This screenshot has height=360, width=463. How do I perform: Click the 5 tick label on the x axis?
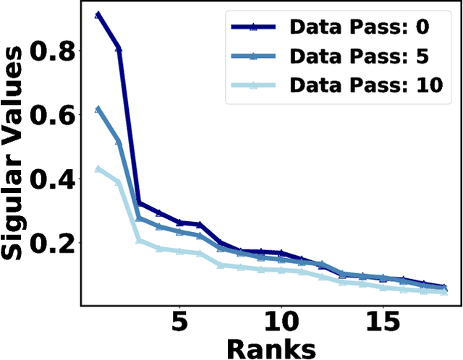pos(179,321)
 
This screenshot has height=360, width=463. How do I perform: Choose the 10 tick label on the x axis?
pos(280,321)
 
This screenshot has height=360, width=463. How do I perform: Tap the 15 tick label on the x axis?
pos(382,321)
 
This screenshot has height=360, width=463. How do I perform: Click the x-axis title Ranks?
pos(271,347)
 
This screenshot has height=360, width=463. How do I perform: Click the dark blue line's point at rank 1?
pos(98,14)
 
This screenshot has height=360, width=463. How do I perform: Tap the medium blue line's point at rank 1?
pos(98,109)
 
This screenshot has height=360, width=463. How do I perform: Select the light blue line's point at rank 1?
pos(98,168)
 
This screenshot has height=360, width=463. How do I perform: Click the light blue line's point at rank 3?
pos(139,240)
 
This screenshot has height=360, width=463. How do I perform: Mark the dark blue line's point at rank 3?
pos(139,203)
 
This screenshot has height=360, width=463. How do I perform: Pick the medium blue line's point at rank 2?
pos(119,141)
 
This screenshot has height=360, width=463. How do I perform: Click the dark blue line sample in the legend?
pos(254,28)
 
